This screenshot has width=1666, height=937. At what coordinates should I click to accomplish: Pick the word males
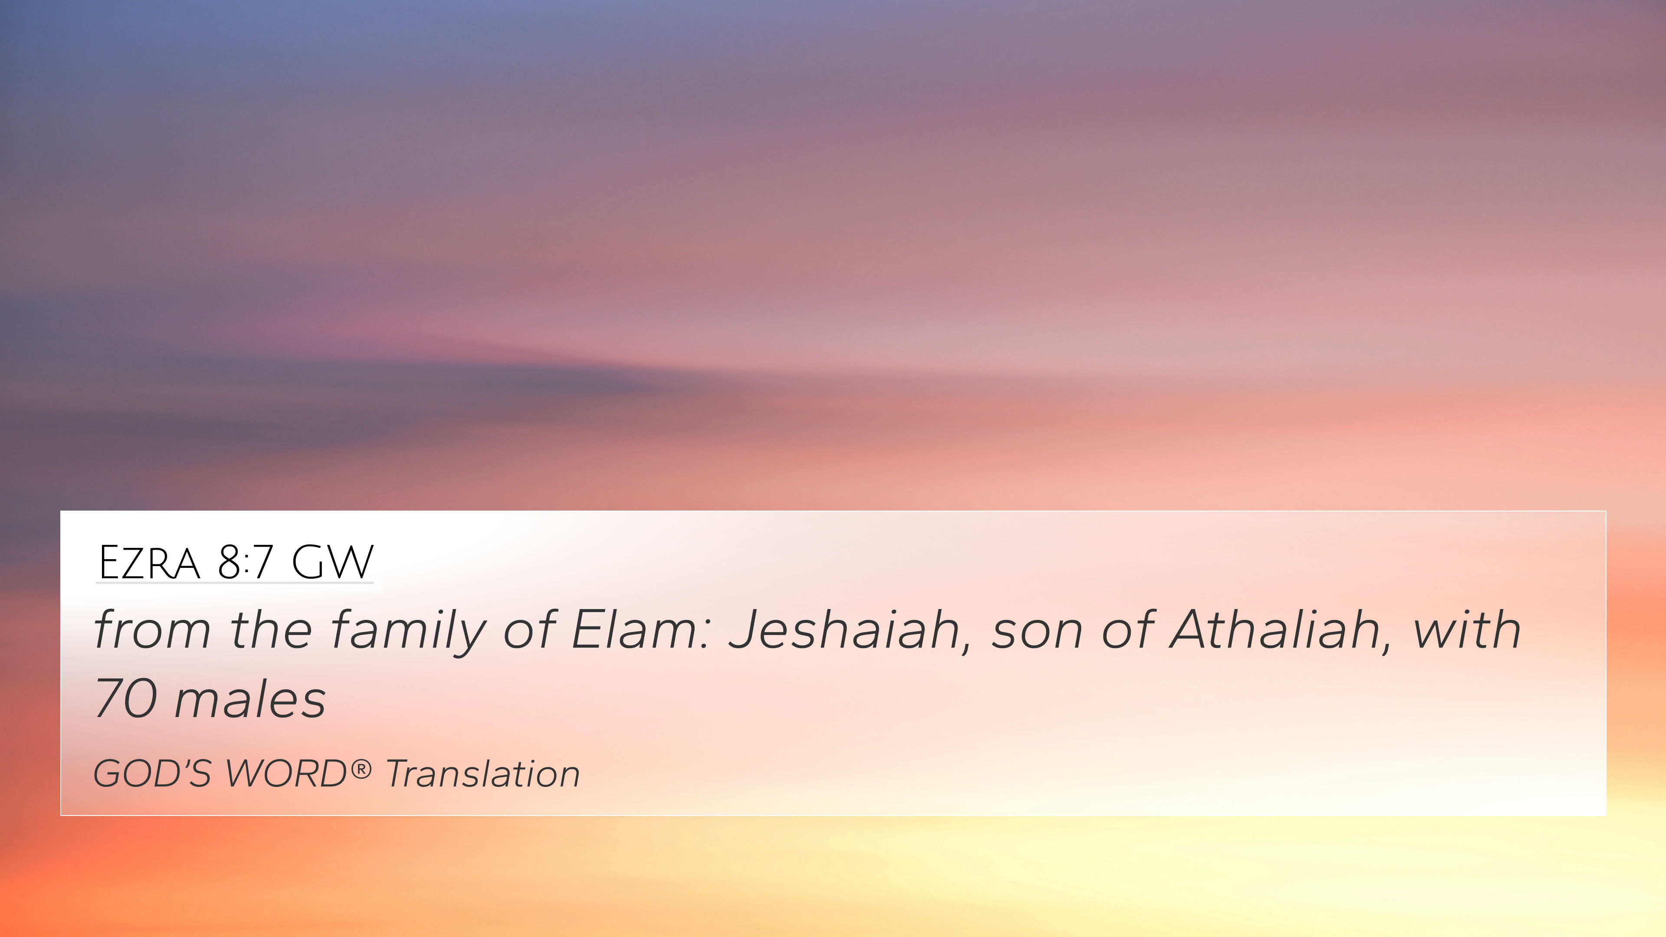250,699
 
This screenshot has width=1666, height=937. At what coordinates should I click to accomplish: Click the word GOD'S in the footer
153,773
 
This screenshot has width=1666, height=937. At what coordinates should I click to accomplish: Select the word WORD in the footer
286,773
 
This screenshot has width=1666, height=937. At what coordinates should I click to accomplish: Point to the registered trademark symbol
361,769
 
